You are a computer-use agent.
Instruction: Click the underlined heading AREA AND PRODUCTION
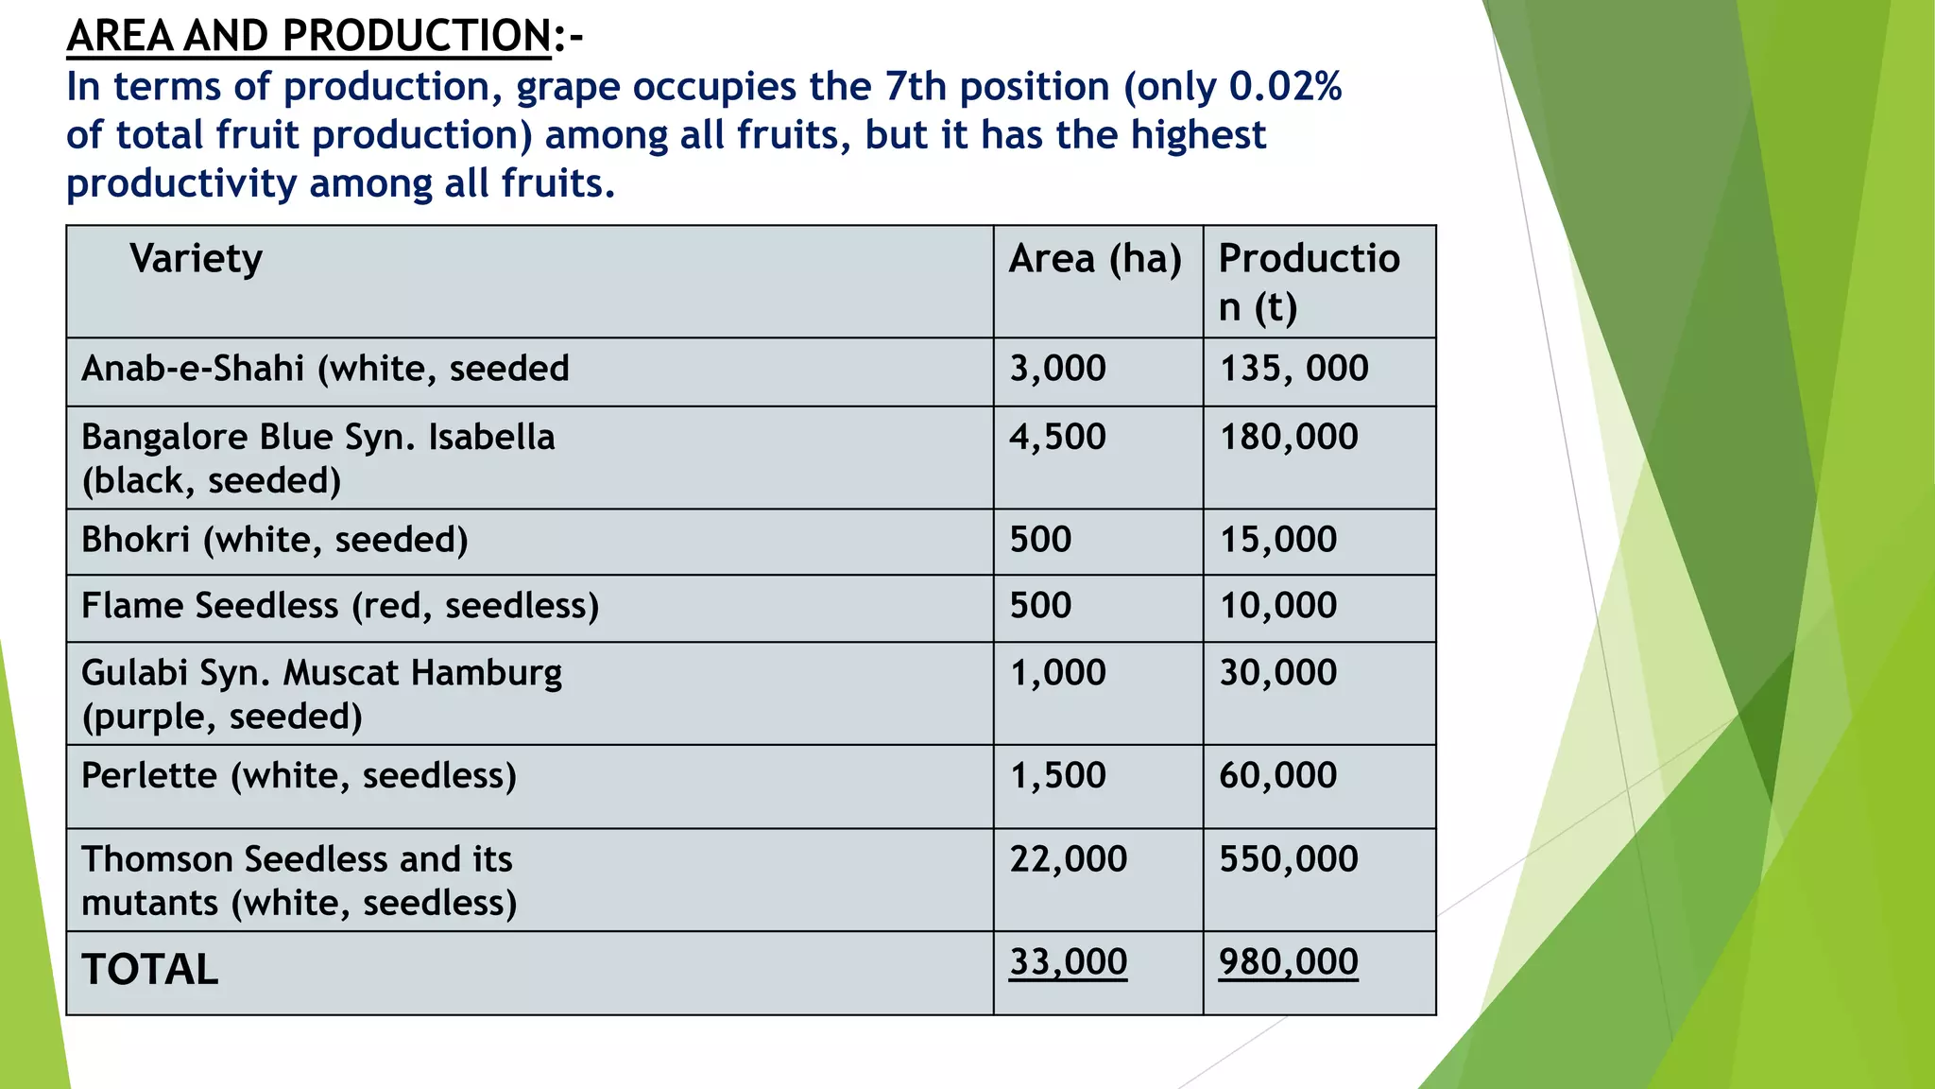click(309, 37)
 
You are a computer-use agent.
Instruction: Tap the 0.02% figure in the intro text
click(1285, 87)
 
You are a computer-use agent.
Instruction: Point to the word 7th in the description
click(915, 87)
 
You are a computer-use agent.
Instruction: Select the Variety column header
click(196, 259)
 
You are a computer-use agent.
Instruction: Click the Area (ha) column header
click(1095, 259)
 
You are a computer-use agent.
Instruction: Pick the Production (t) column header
click(1309, 282)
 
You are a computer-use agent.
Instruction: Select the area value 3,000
click(1057, 369)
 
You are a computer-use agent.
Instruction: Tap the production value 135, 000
click(1293, 369)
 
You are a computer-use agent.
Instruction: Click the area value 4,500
click(1057, 437)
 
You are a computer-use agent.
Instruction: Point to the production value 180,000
click(1289, 437)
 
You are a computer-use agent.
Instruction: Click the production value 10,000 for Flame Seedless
click(1278, 606)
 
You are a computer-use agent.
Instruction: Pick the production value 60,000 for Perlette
click(1278, 776)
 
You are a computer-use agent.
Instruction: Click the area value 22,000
click(1069, 859)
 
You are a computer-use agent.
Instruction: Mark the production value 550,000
click(1289, 859)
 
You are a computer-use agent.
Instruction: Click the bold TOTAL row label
click(149, 970)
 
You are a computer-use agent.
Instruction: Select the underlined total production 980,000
click(1289, 962)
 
